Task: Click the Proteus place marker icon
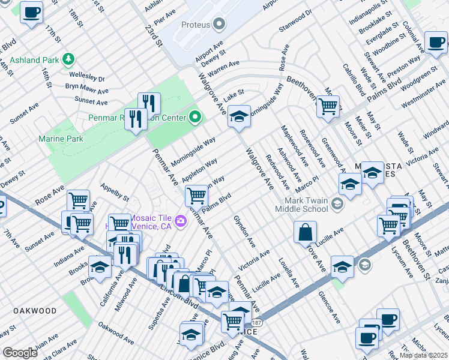click(x=219, y=25)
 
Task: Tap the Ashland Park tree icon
click(x=68, y=59)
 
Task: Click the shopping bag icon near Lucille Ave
click(x=306, y=232)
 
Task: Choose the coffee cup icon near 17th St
click(x=31, y=11)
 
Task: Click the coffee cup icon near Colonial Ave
click(x=436, y=41)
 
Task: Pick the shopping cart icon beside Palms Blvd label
click(x=196, y=195)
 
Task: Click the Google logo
click(x=20, y=353)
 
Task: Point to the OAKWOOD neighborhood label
click(x=33, y=311)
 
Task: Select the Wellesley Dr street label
click(x=86, y=78)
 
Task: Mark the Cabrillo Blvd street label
click(x=354, y=80)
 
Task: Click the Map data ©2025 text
click(x=423, y=355)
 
